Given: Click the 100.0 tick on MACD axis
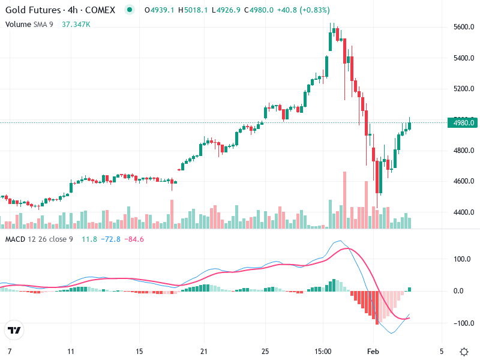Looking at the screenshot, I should pos(460,259).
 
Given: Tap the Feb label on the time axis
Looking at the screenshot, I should pos(373,350).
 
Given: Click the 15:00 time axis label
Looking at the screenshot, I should pos(323,350).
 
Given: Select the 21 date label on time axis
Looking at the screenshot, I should pos(204,350).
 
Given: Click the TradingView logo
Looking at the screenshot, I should pos(14,331).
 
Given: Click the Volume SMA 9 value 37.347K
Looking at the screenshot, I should pos(76,24).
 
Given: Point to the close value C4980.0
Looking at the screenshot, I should pos(242,10).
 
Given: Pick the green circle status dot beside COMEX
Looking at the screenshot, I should pos(129,10).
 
